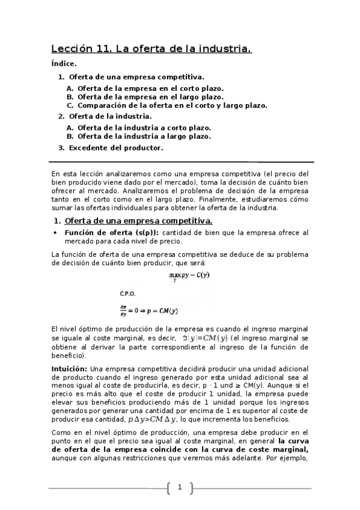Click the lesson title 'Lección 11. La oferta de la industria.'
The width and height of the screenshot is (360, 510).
coord(151,50)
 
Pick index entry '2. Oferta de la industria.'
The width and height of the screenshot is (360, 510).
coord(105,115)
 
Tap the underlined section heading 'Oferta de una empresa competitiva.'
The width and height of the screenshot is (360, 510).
coord(138,221)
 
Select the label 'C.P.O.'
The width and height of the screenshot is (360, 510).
coord(128,294)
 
